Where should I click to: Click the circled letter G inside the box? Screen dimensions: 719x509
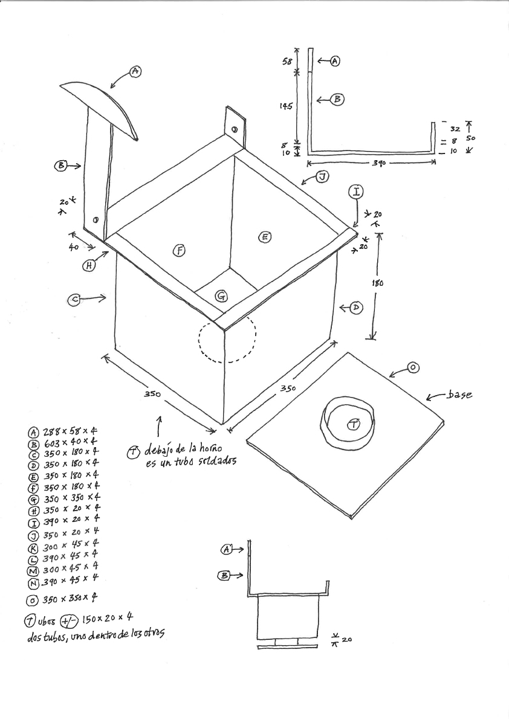pos(222,296)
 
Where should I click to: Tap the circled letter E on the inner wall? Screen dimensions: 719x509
pos(264,237)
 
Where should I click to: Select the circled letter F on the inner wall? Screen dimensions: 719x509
pos(179,251)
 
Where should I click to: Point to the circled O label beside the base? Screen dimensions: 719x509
pos(413,367)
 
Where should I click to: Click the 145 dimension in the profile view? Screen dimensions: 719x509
pos(286,106)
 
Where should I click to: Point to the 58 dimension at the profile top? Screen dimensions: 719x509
pos(288,62)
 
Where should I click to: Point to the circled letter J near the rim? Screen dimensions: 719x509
pos(322,176)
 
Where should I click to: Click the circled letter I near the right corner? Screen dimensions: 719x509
pos(356,192)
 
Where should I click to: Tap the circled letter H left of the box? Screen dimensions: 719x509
pos(89,265)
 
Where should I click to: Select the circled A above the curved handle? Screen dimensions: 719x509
pos(135,71)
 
